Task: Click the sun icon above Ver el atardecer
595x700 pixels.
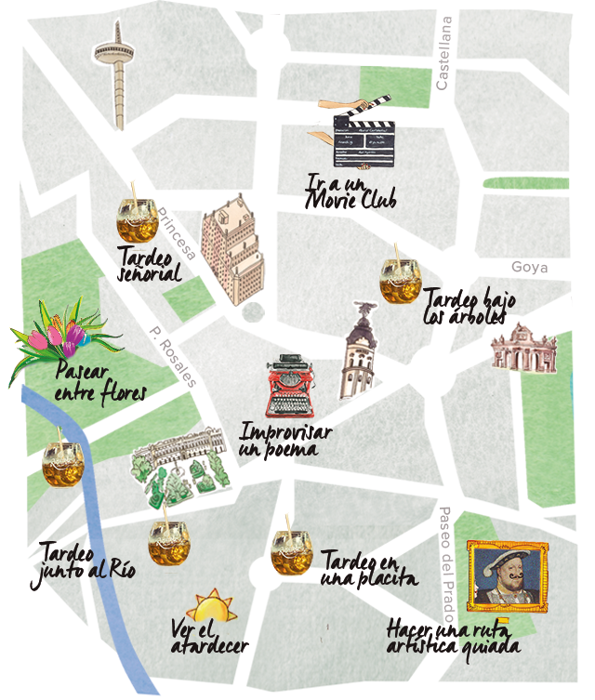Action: (211, 606)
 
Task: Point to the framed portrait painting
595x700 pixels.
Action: (507, 577)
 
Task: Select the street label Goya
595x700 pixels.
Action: (529, 268)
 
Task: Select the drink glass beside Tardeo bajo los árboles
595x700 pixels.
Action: (401, 278)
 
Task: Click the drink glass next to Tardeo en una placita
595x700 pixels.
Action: (291, 551)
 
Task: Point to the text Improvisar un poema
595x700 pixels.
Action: (284, 441)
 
